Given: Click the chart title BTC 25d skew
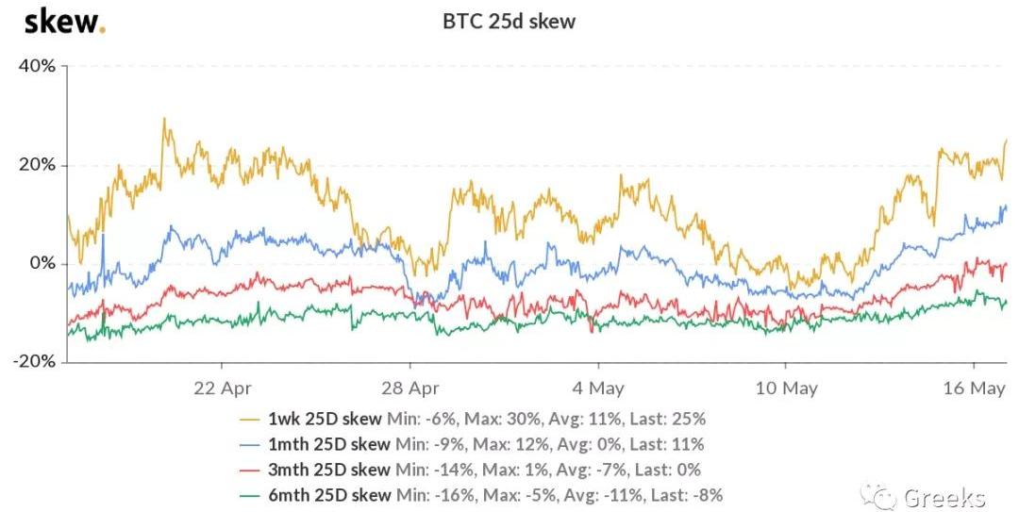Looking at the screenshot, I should [x=509, y=21].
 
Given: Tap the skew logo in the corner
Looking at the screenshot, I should [x=64, y=21].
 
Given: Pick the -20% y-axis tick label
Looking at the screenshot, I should [x=34, y=362].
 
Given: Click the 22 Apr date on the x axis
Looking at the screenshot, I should [x=221, y=388].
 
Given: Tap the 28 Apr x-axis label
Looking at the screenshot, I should [x=409, y=388].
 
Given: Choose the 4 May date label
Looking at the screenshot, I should [x=597, y=388].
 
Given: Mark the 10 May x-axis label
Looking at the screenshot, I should [x=786, y=388].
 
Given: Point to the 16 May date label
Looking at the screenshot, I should [x=974, y=388].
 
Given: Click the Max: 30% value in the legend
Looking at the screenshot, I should [x=504, y=418].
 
